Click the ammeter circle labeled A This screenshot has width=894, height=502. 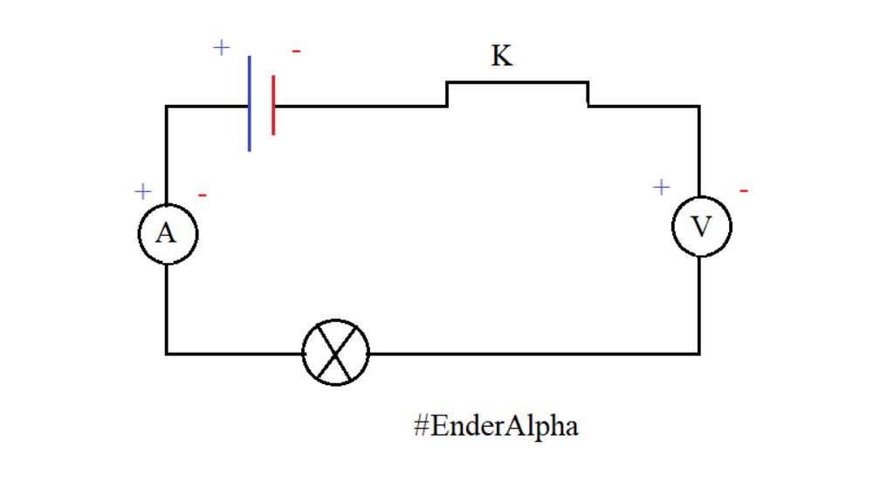tap(168, 234)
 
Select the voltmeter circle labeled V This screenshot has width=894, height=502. tap(701, 227)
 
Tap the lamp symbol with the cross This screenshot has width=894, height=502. tap(336, 353)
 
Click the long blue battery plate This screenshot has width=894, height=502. tap(250, 104)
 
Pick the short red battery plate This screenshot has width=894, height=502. tap(273, 106)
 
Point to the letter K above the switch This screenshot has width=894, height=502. tap(501, 57)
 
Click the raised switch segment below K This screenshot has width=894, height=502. tap(517, 83)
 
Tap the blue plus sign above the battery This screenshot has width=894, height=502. tap(222, 47)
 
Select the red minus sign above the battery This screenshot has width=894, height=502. tap(296, 52)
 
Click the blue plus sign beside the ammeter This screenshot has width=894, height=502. tap(143, 191)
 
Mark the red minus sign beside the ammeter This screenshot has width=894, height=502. tap(203, 195)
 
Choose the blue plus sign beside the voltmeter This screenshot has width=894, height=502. tap(661, 187)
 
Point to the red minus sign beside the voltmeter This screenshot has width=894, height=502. tap(743, 189)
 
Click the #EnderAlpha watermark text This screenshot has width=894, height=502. tap(496, 426)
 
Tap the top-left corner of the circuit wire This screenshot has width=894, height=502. tap(167, 107)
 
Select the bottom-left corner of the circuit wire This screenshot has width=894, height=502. tap(167, 353)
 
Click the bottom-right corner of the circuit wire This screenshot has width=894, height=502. tap(698, 353)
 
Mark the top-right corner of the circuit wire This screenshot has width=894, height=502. tap(698, 107)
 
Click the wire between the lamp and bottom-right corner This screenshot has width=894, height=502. tap(533, 353)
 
